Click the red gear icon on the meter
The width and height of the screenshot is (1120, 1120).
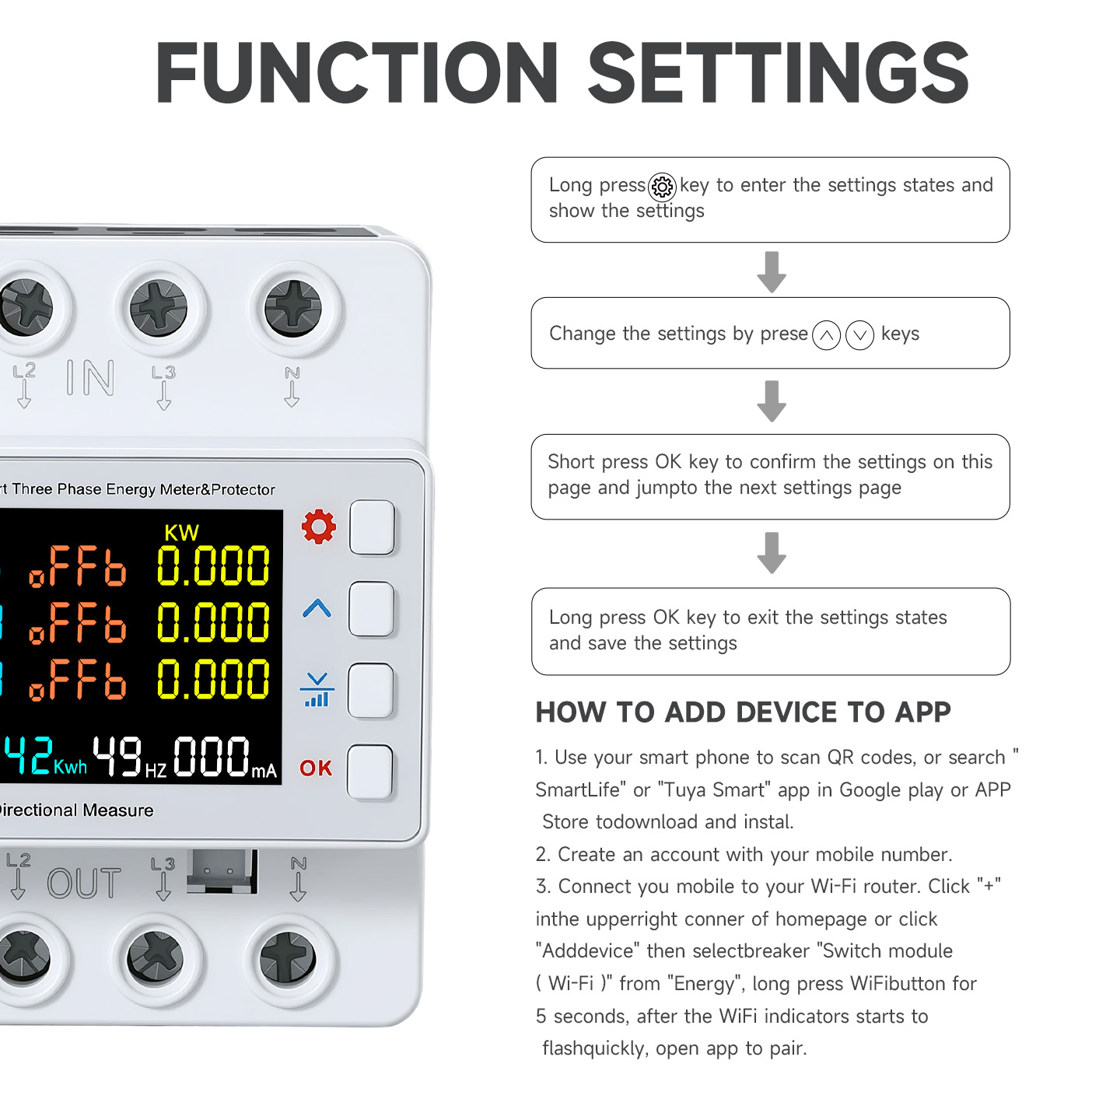tap(318, 527)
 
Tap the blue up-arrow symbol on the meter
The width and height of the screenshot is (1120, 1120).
tap(317, 608)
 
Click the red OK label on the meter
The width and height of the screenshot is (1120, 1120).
tap(316, 768)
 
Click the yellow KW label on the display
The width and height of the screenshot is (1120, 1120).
tap(181, 533)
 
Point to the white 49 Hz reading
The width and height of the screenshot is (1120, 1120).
tap(129, 758)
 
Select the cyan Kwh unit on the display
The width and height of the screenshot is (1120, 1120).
tap(70, 767)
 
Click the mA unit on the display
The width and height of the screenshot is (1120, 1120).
tap(264, 771)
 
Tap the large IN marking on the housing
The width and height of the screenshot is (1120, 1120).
tap(90, 378)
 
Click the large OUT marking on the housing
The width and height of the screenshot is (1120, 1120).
tap(84, 883)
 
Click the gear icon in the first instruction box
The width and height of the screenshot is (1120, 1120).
tap(662, 187)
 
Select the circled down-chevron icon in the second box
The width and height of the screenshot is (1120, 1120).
tap(859, 334)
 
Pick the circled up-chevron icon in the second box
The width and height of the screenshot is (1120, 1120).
tap(826, 334)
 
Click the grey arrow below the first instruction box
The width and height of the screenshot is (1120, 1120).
tap(772, 272)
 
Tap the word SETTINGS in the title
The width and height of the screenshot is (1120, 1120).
tap(779, 73)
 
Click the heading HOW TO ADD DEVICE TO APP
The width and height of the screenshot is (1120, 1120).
tap(743, 712)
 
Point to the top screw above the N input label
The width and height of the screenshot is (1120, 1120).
tap(293, 309)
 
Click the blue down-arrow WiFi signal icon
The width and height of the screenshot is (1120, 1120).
tap(317, 689)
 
